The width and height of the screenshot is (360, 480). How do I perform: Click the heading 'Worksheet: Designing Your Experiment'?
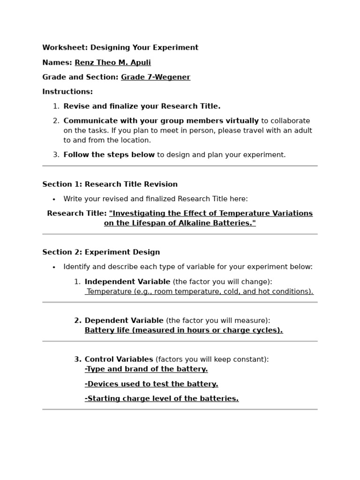click(x=120, y=48)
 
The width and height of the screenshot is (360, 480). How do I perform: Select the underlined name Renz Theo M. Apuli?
click(x=112, y=62)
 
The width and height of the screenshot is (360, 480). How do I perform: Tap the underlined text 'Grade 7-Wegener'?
click(x=155, y=77)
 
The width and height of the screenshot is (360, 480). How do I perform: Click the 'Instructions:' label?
click(x=67, y=92)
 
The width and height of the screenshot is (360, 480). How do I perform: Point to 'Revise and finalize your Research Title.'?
click(x=142, y=106)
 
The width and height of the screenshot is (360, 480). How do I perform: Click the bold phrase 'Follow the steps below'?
click(x=109, y=155)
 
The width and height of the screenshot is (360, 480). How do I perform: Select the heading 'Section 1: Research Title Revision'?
click(x=110, y=184)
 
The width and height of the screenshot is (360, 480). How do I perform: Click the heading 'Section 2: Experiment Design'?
click(x=101, y=252)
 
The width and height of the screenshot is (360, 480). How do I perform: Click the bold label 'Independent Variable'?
click(x=127, y=282)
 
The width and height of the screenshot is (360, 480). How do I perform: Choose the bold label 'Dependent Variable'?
click(x=124, y=321)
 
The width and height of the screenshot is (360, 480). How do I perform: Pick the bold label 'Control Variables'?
click(x=119, y=360)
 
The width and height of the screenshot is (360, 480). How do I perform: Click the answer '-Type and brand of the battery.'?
click(x=146, y=369)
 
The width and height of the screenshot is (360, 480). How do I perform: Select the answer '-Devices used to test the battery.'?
click(x=151, y=384)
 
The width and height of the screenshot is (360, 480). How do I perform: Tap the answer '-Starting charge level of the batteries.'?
click(x=161, y=399)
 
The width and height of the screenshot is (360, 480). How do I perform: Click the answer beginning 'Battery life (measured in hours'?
click(x=183, y=330)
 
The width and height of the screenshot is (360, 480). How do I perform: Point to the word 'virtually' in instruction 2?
click(x=241, y=121)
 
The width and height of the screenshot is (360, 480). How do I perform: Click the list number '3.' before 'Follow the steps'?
click(x=56, y=155)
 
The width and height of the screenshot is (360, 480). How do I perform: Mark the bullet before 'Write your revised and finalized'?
click(x=54, y=199)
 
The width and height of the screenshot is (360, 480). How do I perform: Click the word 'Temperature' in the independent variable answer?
click(x=109, y=292)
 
